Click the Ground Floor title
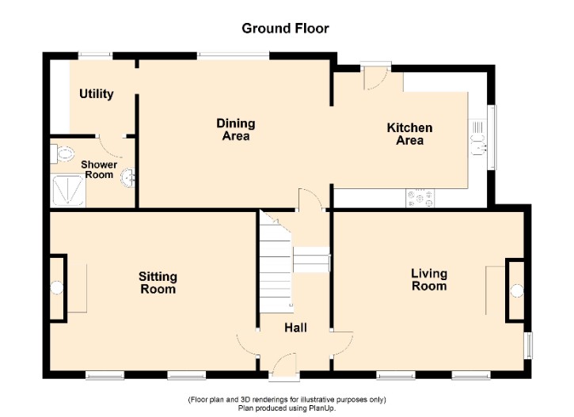[x=285, y=28]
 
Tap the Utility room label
[x=97, y=94]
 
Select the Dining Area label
[x=236, y=130]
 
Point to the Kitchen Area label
[x=409, y=134]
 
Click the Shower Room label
[x=99, y=169]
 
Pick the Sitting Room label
[x=158, y=282]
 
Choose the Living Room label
[x=429, y=279]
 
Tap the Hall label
[x=296, y=328]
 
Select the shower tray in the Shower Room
[x=68, y=191]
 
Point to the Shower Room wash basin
[x=129, y=178]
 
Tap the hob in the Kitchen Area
[x=420, y=199]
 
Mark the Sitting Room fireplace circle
[x=56, y=287]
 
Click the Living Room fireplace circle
[x=517, y=291]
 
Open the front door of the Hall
[x=284, y=366]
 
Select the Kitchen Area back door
[x=374, y=77]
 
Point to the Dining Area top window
[x=234, y=55]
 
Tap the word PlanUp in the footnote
[x=323, y=408]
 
